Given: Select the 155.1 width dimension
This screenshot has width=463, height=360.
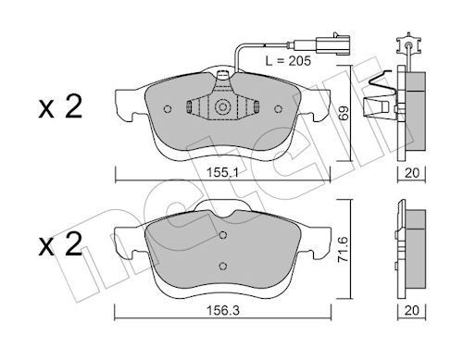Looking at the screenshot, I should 223,171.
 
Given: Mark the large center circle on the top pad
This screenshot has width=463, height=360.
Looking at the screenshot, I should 222,108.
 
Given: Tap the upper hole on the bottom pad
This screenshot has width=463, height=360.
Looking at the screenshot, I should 222,237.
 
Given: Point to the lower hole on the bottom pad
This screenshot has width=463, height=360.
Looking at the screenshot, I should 222,267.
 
